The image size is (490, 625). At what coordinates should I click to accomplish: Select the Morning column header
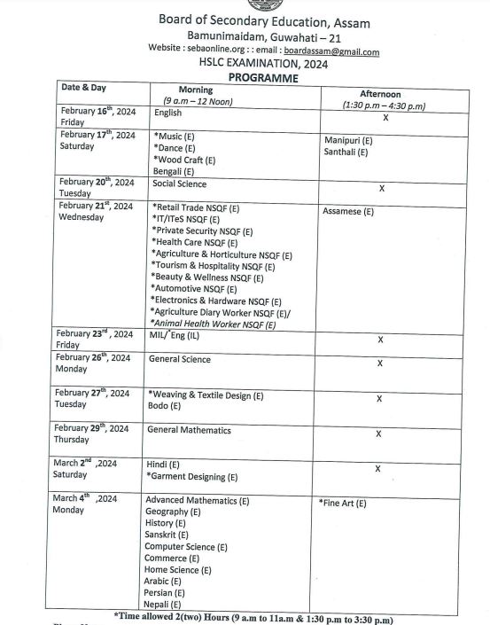click(x=196, y=90)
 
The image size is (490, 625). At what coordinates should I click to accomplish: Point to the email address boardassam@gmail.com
click(x=331, y=51)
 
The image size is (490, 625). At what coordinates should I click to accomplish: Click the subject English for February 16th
click(x=167, y=113)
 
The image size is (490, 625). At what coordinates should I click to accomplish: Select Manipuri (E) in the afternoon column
click(x=347, y=140)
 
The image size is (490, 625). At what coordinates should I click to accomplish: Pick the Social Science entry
click(x=179, y=184)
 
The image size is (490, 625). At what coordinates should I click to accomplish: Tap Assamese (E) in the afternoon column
click(x=348, y=212)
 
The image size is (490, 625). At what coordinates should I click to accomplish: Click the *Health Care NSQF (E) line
click(x=194, y=242)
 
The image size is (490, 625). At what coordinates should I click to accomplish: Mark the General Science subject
click(x=180, y=360)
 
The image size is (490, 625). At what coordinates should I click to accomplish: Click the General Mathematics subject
click(x=189, y=431)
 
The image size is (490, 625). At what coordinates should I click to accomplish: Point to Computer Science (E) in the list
click(x=186, y=547)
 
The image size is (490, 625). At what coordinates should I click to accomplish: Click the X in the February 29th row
click(x=379, y=434)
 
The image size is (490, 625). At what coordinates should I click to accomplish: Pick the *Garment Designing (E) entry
click(x=191, y=477)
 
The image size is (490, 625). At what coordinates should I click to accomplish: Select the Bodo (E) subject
click(x=164, y=406)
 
